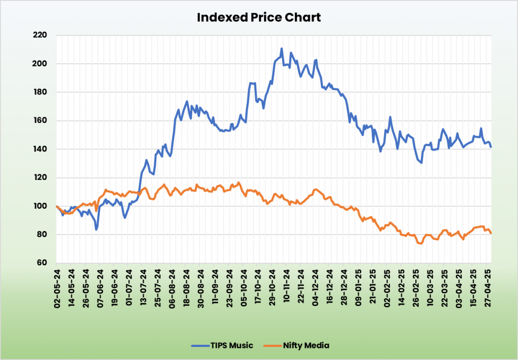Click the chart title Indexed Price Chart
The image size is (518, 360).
tap(258, 17)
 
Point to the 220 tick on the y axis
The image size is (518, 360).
tap(40, 35)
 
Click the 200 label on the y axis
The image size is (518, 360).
tap(40, 64)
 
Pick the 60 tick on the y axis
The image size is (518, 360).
tap(42, 263)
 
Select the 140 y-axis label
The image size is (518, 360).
tap(40, 149)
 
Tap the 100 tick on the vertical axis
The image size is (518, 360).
tap(40, 206)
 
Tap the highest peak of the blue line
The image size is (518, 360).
tap(281, 49)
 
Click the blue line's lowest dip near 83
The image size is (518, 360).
tap(96, 230)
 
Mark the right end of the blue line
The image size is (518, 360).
tap(491, 147)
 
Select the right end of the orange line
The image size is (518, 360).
tap(491, 233)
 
